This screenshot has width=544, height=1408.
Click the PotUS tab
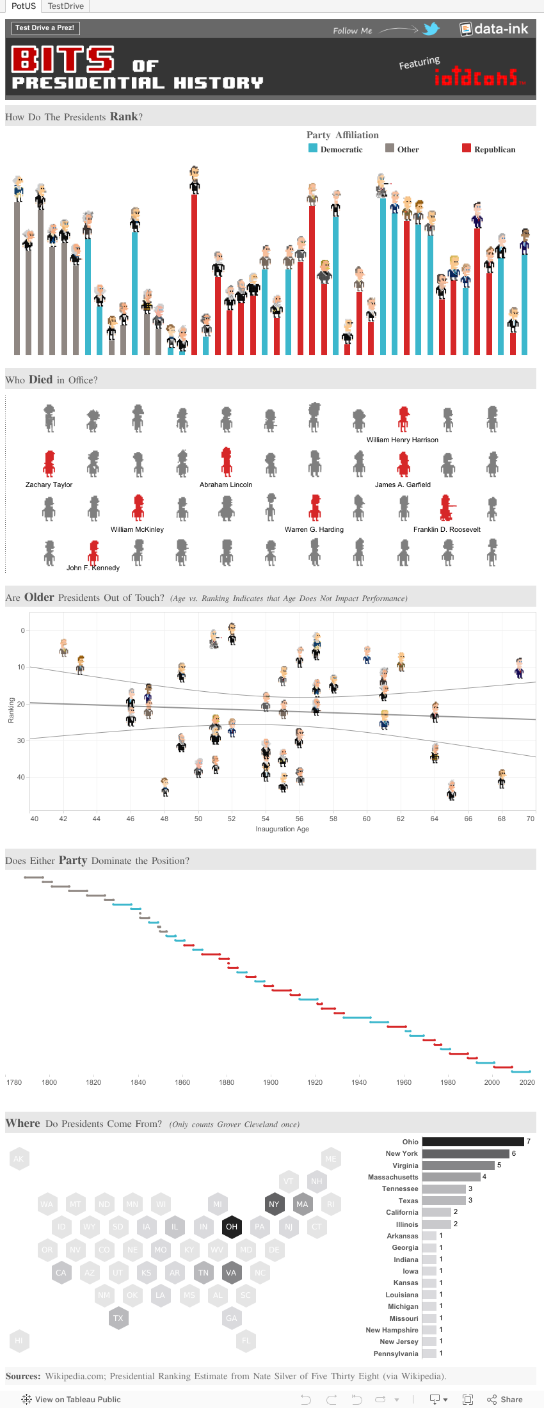[x=24, y=6]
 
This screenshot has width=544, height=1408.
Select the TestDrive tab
[x=65, y=6]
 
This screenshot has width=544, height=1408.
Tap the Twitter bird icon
[x=431, y=29]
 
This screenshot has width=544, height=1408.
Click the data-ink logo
[x=494, y=29]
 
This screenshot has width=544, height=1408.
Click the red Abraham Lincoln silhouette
[x=226, y=462]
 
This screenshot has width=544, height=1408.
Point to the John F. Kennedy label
[x=93, y=568]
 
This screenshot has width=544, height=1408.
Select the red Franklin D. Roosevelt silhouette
[x=446, y=508]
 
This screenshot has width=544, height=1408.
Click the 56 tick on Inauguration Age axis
[x=299, y=819]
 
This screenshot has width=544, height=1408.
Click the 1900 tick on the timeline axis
[x=271, y=1082]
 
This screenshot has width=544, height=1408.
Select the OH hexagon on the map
[x=232, y=1227]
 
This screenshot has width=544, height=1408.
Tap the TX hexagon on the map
[x=118, y=1318]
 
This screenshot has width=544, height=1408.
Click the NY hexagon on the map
[x=274, y=1204]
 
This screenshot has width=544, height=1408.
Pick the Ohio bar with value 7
[x=473, y=1142]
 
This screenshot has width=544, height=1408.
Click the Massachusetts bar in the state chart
[x=451, y=1177]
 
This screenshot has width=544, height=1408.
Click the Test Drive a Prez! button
[x=45, y=28]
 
